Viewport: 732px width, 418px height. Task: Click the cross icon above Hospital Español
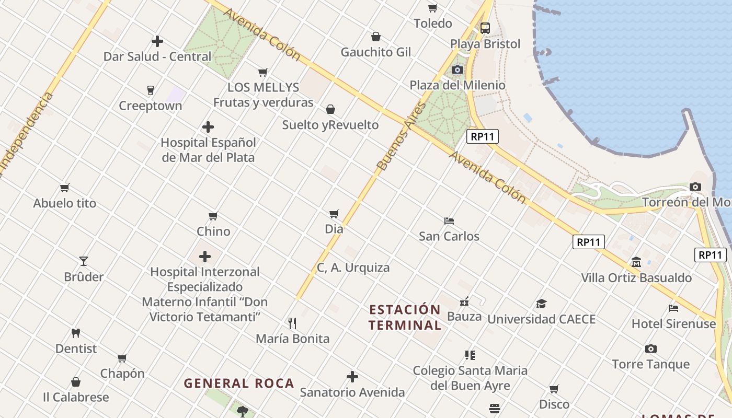click(208, 127)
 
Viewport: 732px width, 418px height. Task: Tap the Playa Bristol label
click(485, 44)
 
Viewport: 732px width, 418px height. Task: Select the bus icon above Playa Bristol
click(485, 28)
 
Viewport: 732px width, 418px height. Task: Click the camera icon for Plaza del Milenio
click(458, 69)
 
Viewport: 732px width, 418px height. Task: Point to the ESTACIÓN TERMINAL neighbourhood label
click(405, 317)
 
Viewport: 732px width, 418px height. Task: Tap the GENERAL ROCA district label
click(239, 384)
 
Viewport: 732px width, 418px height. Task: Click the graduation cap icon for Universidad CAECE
click(541, 304)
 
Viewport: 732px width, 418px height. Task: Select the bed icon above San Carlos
click(449, 220)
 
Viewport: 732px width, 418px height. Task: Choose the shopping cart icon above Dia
click(334, 214)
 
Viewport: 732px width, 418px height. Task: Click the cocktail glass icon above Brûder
click(84, 261)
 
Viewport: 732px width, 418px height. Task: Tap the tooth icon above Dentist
click(76, 333)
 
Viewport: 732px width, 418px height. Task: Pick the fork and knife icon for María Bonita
click(292, 323)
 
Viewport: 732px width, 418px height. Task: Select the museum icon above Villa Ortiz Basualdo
click(636, 262)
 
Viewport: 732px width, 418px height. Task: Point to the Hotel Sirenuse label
click(673, 323)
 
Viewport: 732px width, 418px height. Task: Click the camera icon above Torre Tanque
click(650, 349)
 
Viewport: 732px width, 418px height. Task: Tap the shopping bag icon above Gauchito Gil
click(375, 37)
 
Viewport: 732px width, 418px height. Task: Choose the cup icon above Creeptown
click(151, 90)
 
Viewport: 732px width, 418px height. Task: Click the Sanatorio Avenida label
click(352, 392)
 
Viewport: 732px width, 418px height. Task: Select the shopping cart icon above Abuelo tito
click(65, 188)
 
